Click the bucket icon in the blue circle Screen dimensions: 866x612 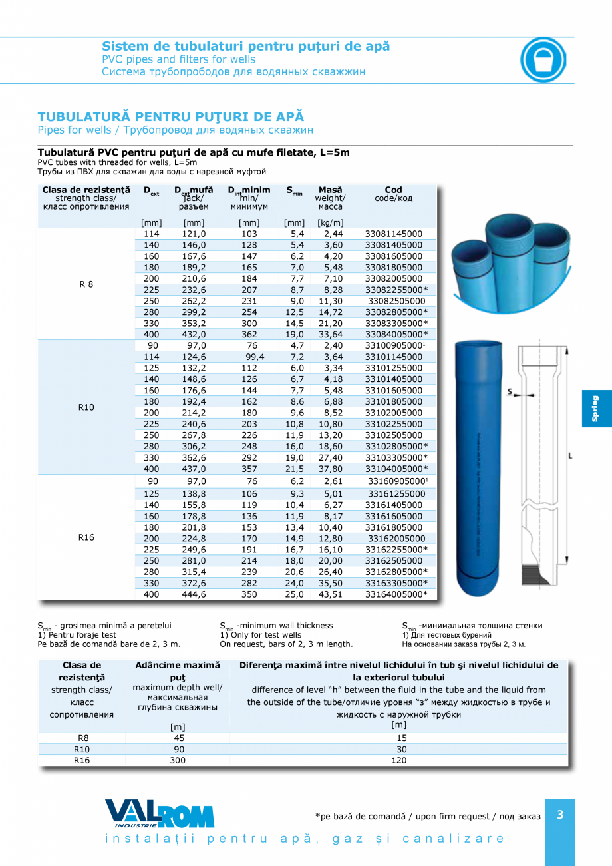point(543,59)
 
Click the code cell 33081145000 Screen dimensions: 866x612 point(394,234)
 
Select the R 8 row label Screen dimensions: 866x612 point(86,284)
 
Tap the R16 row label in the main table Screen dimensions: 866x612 point(86,538)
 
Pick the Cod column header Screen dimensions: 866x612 point(393,190)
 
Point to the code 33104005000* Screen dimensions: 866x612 point(396,469)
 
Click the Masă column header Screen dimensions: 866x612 point(330,190)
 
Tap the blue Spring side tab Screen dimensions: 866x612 point(596,409)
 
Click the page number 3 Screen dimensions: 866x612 point(560,814)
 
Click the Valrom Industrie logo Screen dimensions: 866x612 point(160,813)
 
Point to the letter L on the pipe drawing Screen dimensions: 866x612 point(571,456)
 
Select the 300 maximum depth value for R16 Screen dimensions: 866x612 point(178,760)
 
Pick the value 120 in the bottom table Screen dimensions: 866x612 point(399,760)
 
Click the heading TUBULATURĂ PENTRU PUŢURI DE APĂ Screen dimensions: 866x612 point(170,116)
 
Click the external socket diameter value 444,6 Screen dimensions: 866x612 point(194,594)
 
